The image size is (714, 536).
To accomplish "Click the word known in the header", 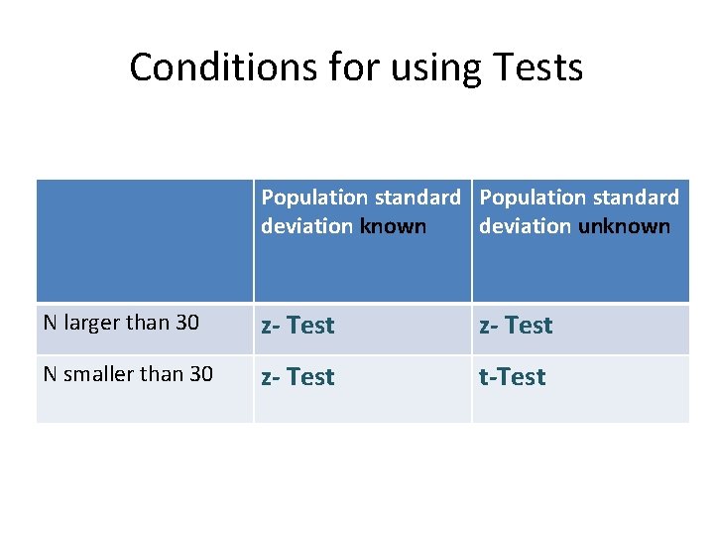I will tap(393, 226).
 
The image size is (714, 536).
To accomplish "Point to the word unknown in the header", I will tap(624, 226).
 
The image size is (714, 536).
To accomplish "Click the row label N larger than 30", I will tap(121, 323).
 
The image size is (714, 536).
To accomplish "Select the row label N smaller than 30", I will tap(128, 374).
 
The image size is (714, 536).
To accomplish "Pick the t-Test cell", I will tap(513, 377).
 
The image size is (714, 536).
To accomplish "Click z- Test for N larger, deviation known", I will tap(297, 326).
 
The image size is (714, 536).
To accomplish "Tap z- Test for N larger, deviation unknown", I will tap(516, 326).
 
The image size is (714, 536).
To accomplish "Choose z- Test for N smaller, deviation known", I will tap(297, 377).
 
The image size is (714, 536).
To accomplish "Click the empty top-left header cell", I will tap(145, 240).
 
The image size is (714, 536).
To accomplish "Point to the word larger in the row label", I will tap(89, 324).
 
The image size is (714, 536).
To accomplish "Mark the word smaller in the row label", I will tap(97, 374).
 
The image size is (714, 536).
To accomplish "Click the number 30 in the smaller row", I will tap(200, 374).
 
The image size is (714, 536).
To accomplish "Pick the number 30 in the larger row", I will tap(186, 323).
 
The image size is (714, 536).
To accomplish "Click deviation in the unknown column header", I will tap(525, 226).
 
